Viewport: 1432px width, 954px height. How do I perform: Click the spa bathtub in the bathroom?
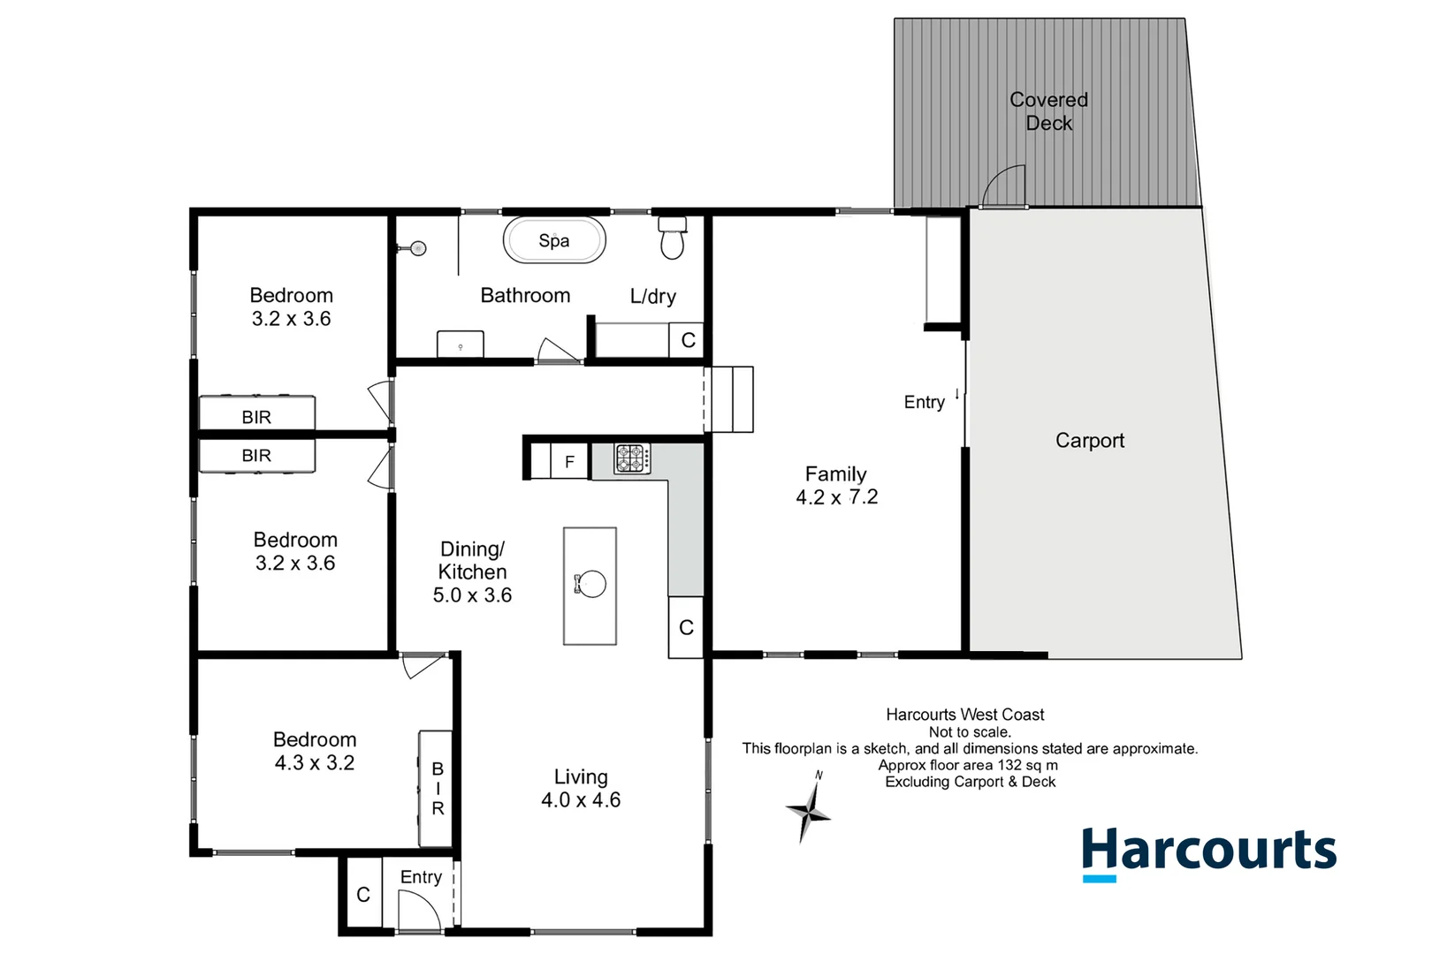point(554,240)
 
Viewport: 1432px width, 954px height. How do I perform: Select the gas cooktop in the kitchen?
point(632,458)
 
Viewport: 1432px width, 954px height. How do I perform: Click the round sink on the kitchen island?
point(590,584)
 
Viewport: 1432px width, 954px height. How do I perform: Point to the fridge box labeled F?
point(569,461)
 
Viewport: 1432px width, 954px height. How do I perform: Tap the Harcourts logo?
point(1208,852)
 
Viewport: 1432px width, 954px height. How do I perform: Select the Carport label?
point(1089,440)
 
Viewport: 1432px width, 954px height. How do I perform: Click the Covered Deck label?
point(1048,111)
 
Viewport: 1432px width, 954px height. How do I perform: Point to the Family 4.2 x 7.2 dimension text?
point(836,497)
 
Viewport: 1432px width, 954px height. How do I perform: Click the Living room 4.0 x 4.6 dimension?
point(581,800)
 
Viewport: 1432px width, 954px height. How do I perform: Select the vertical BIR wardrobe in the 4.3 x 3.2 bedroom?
point(437,788)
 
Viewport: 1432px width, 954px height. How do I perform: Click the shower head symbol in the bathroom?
point(418,248)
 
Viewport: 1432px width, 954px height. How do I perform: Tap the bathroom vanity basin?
point(461,344)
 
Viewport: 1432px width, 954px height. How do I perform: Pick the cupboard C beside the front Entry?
point(363,895)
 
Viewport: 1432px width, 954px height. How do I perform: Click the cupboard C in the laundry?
point(688,340)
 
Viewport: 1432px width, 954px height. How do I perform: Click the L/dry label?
point(652,297)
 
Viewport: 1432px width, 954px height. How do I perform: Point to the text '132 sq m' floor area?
point(1027,765)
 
